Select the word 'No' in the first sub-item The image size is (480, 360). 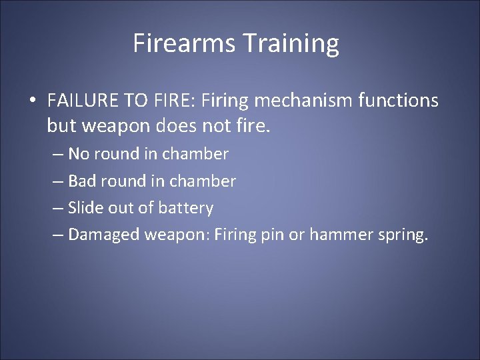coord(79,154)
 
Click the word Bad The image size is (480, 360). coord(81,181)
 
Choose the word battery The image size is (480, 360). coord(185,208)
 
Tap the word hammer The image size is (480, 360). coord(349,235)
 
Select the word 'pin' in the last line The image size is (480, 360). coord(294,235)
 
